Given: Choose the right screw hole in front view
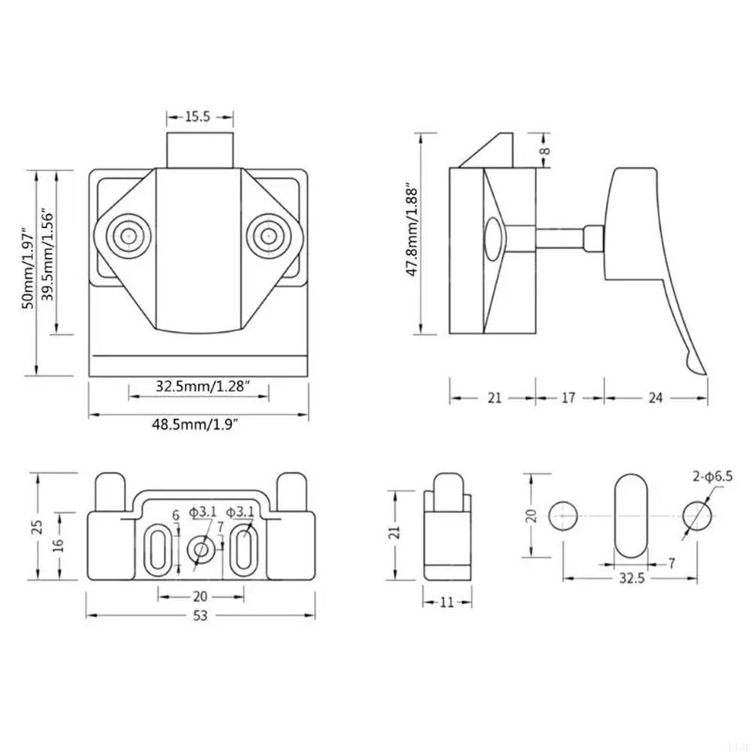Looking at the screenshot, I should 268,235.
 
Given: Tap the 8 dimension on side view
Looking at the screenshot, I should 546,149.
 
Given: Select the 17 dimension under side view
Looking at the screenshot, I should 569,398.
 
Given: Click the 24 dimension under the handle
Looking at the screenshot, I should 656,398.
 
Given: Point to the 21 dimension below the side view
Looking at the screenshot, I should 493,398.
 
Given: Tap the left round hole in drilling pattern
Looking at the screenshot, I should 564,517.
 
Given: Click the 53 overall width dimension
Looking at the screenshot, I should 199,614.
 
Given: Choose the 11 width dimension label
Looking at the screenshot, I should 448,602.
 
